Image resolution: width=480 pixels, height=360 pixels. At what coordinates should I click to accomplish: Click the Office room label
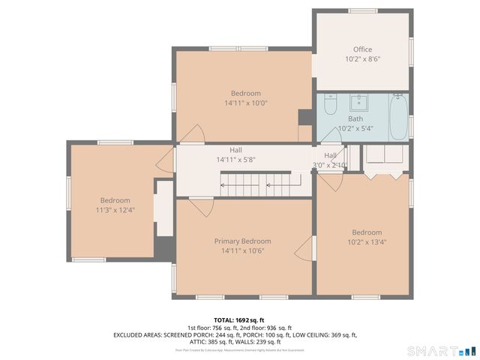tap(362, 49)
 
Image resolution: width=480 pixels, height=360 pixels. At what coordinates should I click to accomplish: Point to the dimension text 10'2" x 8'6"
tap(362, 59)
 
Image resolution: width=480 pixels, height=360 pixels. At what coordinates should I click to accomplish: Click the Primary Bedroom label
tap(242, 241)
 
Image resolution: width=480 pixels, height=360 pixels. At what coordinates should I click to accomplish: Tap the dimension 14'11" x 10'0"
tap(245, 103)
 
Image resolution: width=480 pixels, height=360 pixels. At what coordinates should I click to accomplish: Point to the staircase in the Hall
tap(247, 181)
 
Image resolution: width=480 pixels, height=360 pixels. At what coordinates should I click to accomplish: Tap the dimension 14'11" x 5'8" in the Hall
tap(235, 160)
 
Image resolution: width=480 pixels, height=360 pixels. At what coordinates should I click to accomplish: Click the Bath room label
tap(355, 118)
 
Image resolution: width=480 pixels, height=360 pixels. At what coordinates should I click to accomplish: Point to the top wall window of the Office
tap(361, 10)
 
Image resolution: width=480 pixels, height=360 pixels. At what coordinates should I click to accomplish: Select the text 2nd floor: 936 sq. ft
tap(266, 328)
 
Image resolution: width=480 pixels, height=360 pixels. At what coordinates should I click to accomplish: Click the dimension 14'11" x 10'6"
tap(242, 250)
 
